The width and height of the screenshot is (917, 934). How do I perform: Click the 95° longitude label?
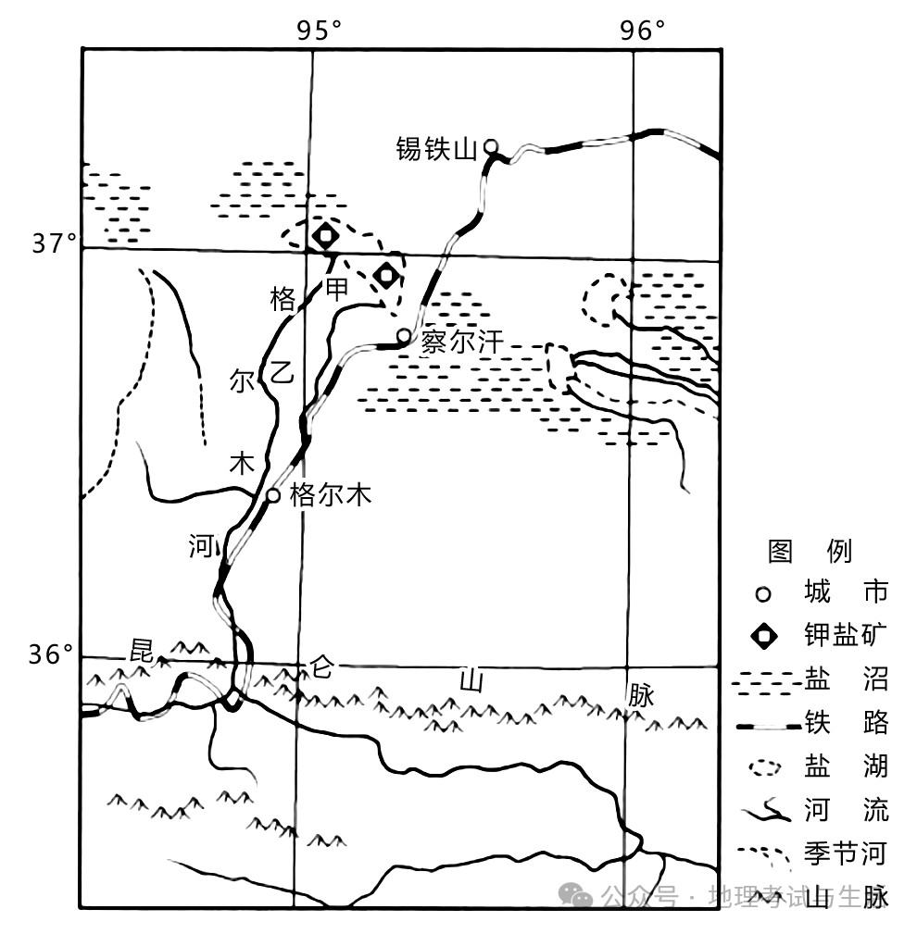point(319,31)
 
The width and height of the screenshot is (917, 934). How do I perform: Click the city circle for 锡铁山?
point(492,146)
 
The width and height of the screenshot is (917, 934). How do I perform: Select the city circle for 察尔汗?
point(404,336)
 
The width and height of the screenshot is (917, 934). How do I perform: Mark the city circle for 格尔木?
point(273,495)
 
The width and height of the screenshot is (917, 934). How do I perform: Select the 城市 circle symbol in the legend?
point(764,593)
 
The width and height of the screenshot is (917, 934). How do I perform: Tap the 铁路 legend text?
point(847,723)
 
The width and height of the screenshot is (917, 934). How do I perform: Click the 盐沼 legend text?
point(847,680)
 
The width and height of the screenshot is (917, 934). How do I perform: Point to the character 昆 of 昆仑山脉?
point(141,647)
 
